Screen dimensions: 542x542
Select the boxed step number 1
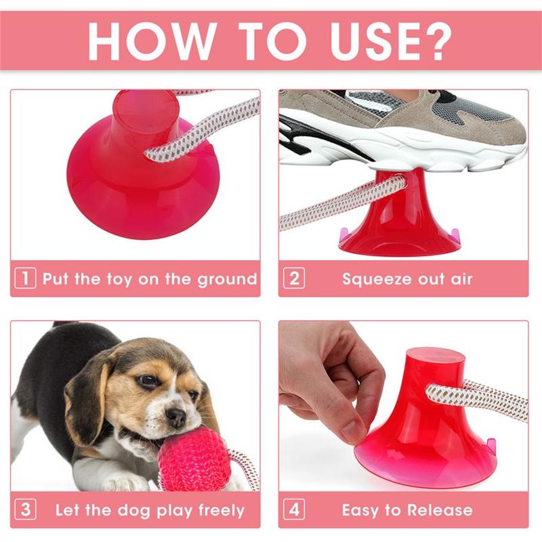tap(25, 278)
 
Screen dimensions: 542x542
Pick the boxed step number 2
tap(294, 278)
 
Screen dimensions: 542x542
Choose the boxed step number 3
tap(25, 509)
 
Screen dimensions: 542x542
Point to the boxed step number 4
tap(294, 509)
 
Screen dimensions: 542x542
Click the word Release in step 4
tap(440, 510)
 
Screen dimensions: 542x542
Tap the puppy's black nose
tap(176, 417)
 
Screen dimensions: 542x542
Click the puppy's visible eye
tap(148, 381)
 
